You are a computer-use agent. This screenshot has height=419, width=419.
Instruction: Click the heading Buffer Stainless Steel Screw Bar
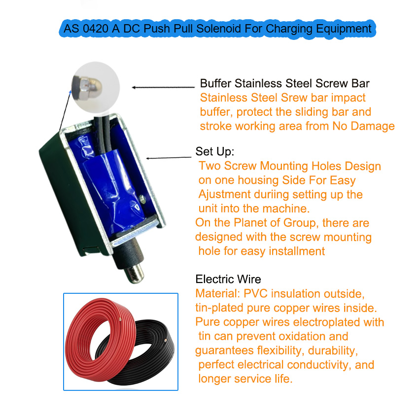point(284,83)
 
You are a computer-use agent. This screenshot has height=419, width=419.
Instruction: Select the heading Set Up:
point(214,151)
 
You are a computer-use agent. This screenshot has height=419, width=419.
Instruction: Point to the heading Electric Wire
point(228,279)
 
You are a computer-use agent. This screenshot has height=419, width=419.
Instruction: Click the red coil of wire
point(80,348)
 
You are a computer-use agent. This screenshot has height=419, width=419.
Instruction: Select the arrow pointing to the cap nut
point(163,87)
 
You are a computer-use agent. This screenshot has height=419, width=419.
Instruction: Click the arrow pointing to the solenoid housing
point(169,158)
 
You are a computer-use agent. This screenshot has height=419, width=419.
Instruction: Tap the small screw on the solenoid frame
point(142,199)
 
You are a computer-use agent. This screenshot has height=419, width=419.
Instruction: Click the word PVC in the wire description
point(255,294)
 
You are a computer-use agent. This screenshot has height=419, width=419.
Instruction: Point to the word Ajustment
point(224,195)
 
